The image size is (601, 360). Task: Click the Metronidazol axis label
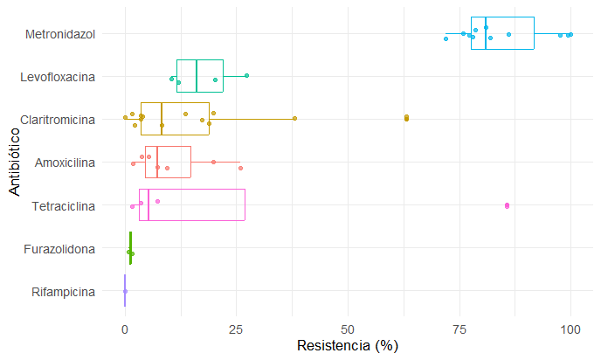click(60, 34)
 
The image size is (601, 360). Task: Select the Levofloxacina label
click(59, 77)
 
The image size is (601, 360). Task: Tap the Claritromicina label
click(58, 120)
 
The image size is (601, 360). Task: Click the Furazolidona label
click(60, 249)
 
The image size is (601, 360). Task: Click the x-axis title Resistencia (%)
click(348, 345)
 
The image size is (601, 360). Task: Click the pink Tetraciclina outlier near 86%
click(507, 205)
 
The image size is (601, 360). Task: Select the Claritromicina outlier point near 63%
click(406, 118)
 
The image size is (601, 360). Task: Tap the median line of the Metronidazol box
click(486, 34)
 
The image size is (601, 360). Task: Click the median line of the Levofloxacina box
click(197, 76)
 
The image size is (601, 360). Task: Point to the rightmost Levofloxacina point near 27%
click(247, 76)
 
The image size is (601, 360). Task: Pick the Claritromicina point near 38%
click(294, 118)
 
